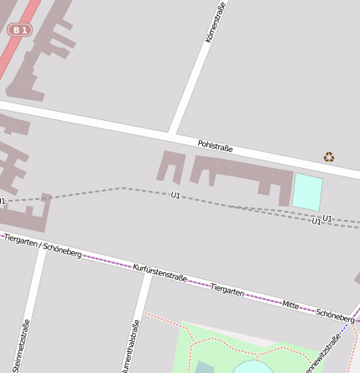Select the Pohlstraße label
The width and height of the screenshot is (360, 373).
tap(216, 146)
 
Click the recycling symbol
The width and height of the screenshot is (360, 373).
tap(329, 156)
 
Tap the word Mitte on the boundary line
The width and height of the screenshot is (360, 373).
tap(290, 303)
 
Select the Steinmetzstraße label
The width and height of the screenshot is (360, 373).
tap(25, 345)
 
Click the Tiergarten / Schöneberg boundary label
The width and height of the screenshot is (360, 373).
tap(42, 245)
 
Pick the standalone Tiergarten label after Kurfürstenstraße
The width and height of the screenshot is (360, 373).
tap(227, 289)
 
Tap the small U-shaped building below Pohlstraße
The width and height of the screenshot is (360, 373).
tap(170, 166)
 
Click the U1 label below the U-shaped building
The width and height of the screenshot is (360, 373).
tap(175, 195)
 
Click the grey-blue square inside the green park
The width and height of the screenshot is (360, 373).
tap(204, 367)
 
